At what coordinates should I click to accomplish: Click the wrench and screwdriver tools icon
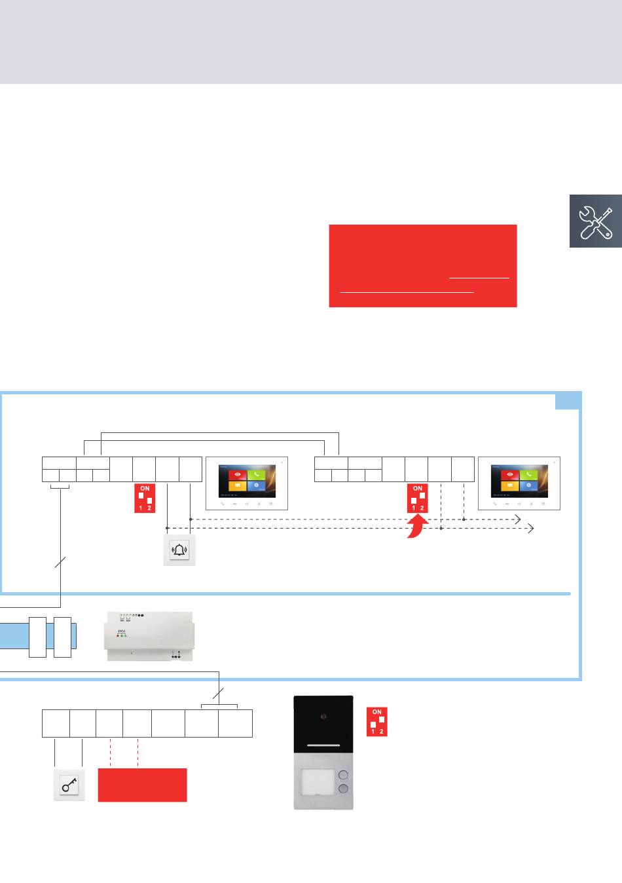coord(595,221)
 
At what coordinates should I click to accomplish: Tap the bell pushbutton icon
coord(179,550)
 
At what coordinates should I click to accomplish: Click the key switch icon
coord(69,785)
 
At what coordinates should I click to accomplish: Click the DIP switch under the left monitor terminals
coord(145,498)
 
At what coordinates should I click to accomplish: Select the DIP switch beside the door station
coord(377,721)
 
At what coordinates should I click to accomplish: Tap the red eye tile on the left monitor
coord(236,474)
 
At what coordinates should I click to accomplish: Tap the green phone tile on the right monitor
coord(529,474)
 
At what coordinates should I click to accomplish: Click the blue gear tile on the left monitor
coord(257,486)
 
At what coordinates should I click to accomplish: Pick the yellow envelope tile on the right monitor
coord(509,486)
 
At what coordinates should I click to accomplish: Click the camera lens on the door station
coord(323,717)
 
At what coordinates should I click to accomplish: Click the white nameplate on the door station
coord(318,781)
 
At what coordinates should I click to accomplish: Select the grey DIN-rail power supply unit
coord(149,636)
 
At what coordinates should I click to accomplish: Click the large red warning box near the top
coord(422,265)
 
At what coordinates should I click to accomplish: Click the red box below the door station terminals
coord(142,785)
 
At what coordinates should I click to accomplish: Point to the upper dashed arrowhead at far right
coord(518,519)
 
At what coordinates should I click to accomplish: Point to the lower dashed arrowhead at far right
coord(532,528)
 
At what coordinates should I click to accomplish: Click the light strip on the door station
coord(323,745)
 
